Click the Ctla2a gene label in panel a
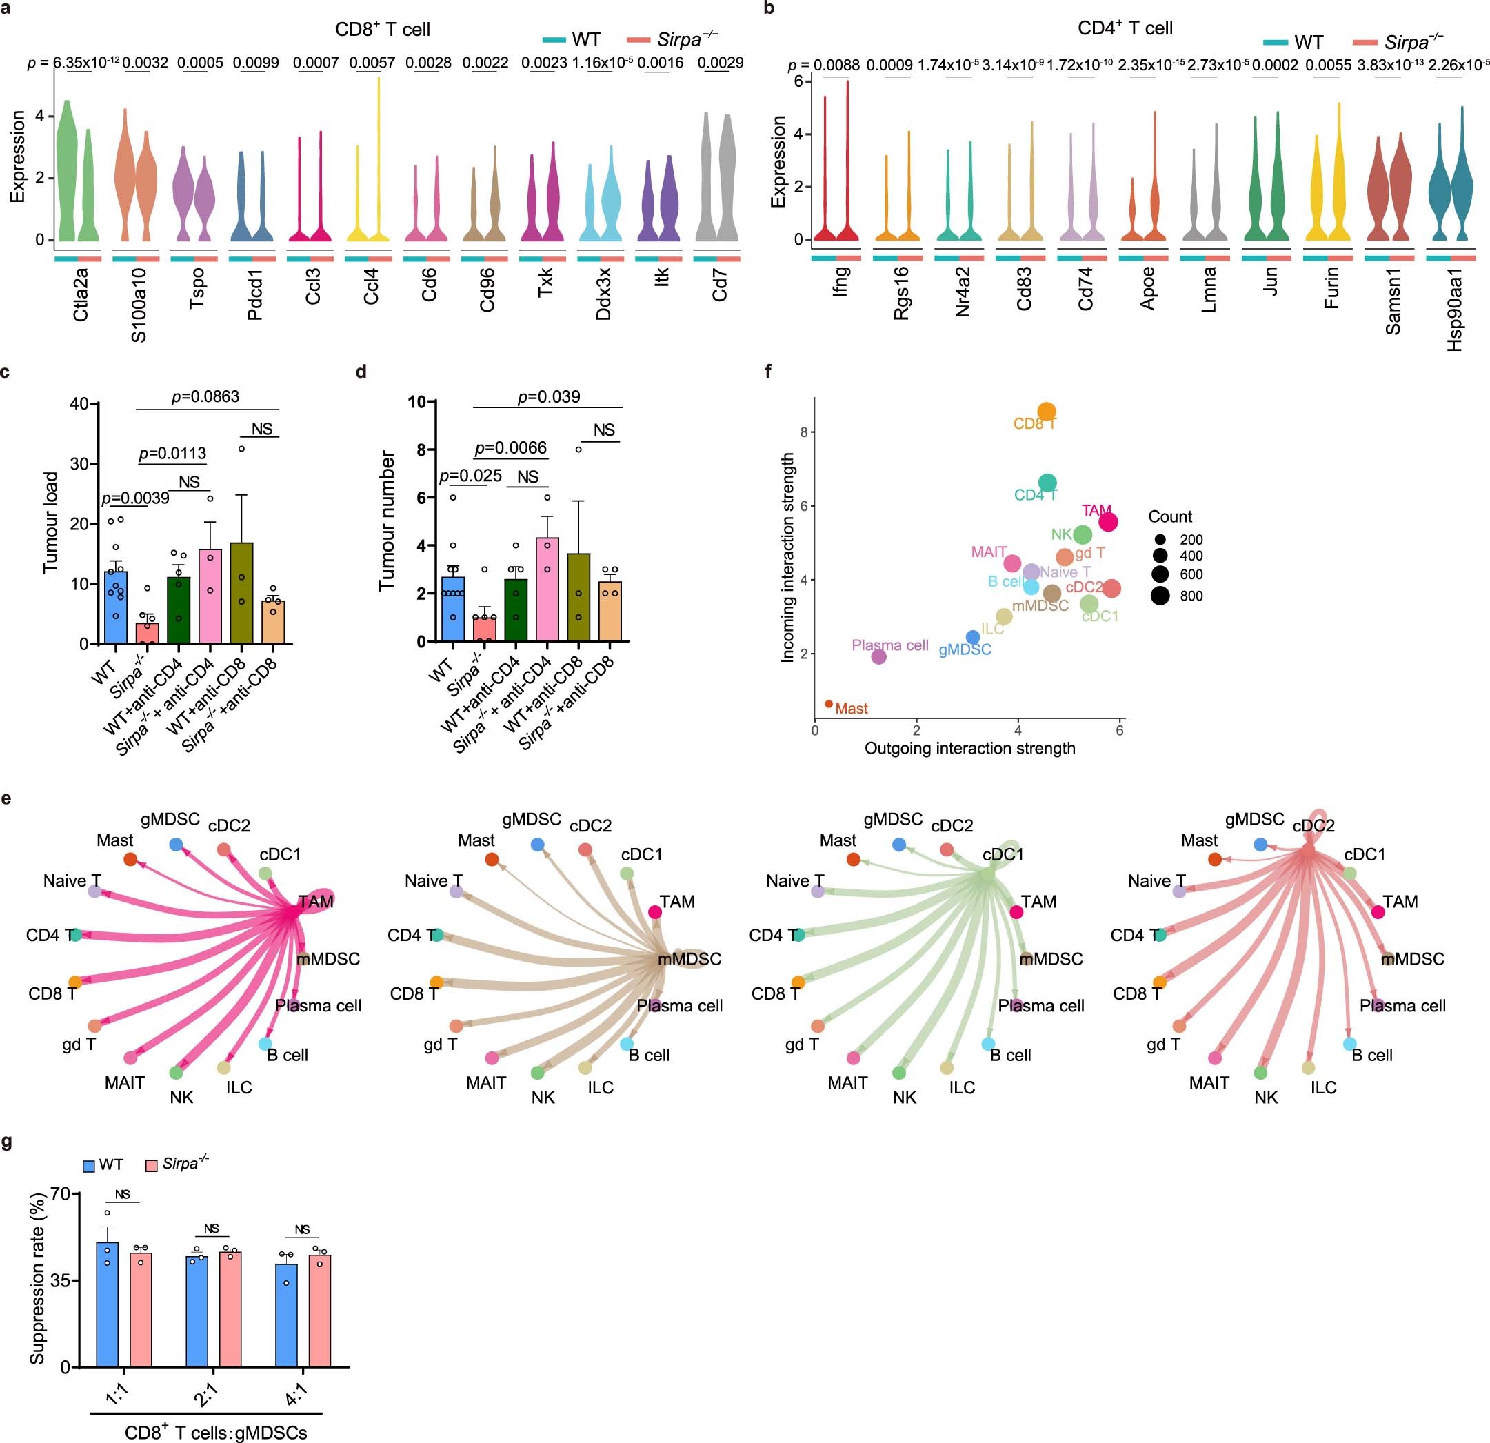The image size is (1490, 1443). (81, 294)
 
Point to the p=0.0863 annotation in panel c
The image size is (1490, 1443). (205, 397)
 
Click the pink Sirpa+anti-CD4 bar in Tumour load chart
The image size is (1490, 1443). (210, 596)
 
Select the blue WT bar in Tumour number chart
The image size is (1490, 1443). (453, 609)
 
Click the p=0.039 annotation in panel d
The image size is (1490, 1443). (548, 397)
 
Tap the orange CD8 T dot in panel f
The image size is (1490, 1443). (1046, 412)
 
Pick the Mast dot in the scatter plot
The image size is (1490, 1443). (829, 704)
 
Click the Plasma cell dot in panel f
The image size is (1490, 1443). (879, 656)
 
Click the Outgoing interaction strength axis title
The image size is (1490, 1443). (969, 748)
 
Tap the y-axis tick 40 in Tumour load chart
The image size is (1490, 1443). (79, 404)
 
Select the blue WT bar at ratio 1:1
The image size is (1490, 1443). (107, 1304)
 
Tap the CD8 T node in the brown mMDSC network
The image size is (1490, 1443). (436, 982)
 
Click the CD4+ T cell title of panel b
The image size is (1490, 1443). (1125, 29)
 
